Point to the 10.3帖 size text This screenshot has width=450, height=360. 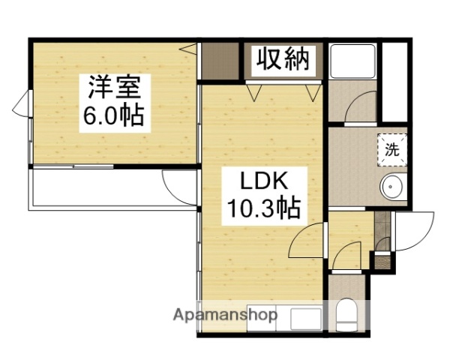264,206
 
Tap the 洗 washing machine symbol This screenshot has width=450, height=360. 391,148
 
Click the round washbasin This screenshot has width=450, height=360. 391,186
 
